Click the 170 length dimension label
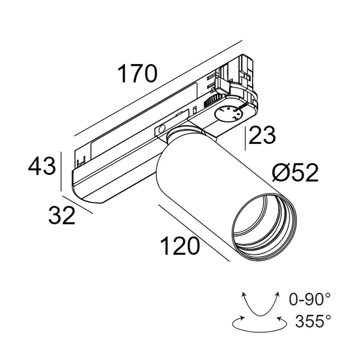[137, 74]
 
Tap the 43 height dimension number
[42, 167]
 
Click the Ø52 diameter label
[295, 174]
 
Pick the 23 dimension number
[262, 136]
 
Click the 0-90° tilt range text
[310, 299]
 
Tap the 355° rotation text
[313, 322]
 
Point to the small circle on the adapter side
[161, 130]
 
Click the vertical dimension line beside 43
[61, 171]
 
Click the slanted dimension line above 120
[193, 232]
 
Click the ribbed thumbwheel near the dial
[214, 99]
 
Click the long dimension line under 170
[157, 88]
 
